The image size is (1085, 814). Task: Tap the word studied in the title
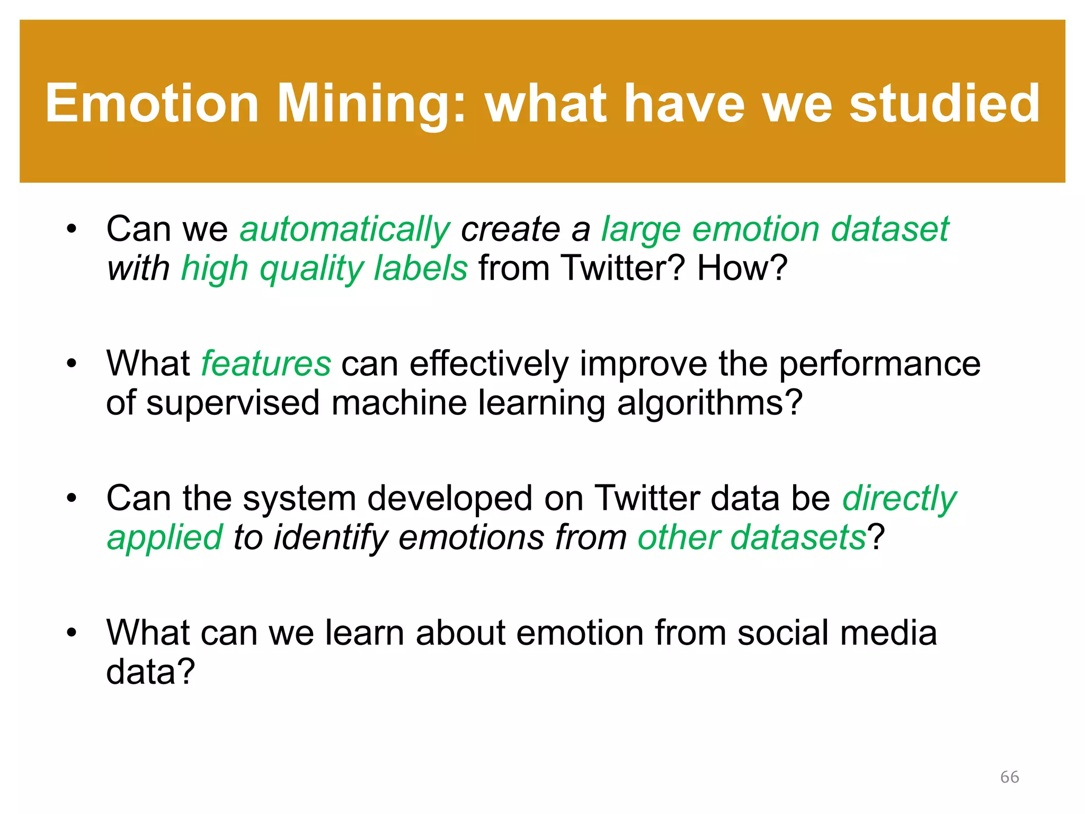[944, 103]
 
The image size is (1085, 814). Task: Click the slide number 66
[1009, 777]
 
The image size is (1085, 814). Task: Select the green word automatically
[344, 230]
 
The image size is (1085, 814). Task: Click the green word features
[266, 364]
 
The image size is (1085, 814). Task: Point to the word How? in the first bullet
[742, 268]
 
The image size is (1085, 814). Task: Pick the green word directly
[899, 499]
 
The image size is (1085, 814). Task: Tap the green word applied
[165, 538]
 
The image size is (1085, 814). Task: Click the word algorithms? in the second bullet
[710, 403]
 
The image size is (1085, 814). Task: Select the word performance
[879, 364]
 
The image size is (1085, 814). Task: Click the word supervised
[233, 403]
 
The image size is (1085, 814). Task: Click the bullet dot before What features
[72, 364]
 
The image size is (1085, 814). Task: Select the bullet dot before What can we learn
[72, 633]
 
